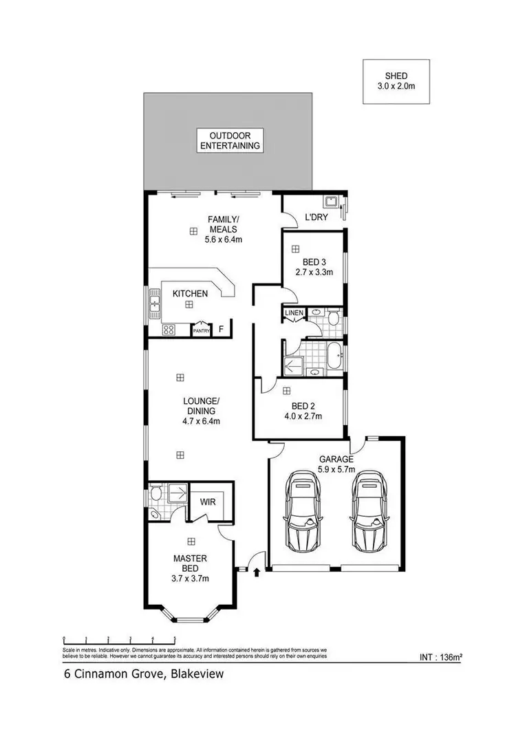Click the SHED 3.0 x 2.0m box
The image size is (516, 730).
[x=396, y=81]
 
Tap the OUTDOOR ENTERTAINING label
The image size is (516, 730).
[x=229, y=140]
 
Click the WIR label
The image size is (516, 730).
[x=208, y=502]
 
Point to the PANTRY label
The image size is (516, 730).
[x=201, y=331]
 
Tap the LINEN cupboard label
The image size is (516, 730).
[x=292, y=314]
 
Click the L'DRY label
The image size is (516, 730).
[x=316, y=217]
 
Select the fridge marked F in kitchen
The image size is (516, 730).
[x=221, y=330]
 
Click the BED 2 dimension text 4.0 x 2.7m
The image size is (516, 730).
[x=303, y=416]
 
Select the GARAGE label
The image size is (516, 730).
[x=336, y=459]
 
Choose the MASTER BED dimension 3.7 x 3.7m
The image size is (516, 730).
[x=190, y=579]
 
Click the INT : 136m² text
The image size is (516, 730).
[x=440, y=658]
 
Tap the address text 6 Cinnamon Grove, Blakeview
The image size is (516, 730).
[x=139, y=675]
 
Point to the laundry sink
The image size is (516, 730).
[x=331, y=202]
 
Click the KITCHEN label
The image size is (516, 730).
[x=190, y=294]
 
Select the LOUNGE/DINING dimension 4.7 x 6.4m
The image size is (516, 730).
[x=200, y=421]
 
